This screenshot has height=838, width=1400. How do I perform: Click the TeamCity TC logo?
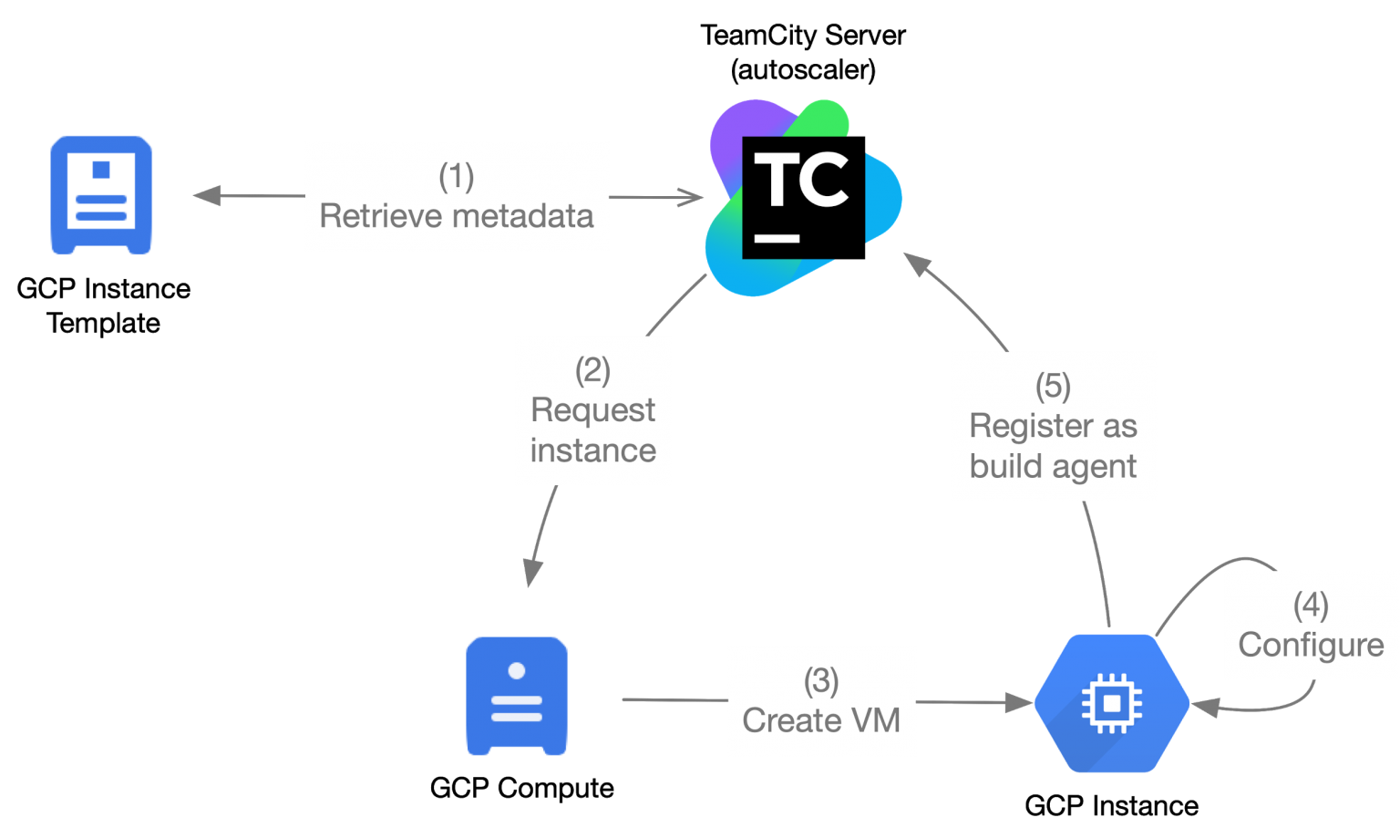pyautogui.click(x=804, y=198)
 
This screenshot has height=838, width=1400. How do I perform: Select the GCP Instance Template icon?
pyautogui.click(x=101, y=195)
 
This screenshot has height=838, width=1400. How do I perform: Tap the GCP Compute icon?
pyautogui.click(x=517, y=696)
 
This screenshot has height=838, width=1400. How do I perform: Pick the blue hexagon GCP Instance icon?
pyautogui.click(x=1112, y=704)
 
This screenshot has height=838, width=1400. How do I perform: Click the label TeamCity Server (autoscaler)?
pyautogui.click(x=803, y=53)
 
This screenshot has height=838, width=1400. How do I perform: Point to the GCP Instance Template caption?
pyautogui.click(x=104, y=305)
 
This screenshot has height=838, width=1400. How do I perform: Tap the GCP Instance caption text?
pyautogui.click(x=1112, y=806)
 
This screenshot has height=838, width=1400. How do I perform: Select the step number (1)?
pyautogui.click(x=457, y=176)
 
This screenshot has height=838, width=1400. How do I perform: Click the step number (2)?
pyautogui.click(x=592, y=370)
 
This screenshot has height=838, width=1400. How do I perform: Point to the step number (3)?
pyautogui.click(x=821, y=681)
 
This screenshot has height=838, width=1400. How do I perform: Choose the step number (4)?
pyautogui.click(x=1312, y=605)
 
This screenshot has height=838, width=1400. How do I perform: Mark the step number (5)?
pyautogui.click(x=1053, y=386)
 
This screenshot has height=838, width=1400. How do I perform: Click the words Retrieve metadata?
pyautogui.click(x=457, y=216)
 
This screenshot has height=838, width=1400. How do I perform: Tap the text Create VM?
pyautogui.click(x=821, y=720)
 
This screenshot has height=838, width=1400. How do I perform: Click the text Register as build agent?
pyautogui.click(x=1053, y=447)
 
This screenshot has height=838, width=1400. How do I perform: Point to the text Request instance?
pyautogui.click(x=593, y=430)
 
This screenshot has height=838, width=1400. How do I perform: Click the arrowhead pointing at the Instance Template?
pyautogui.click(x=207, y=195)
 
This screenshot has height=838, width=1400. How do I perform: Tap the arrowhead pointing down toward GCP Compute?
pyautogui.click(x=532, y=573)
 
